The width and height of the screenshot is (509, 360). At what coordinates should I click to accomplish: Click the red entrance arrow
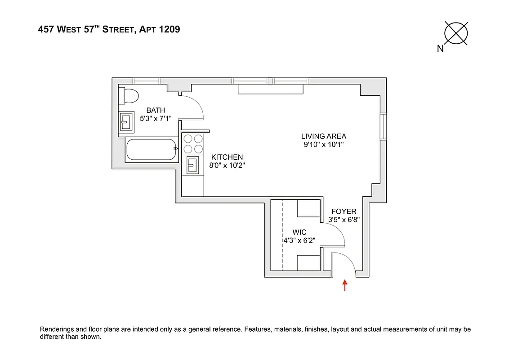click(x=345, y=285)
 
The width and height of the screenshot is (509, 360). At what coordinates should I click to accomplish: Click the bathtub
click(x=150, y=149)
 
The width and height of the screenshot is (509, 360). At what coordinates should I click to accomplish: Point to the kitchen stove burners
click(x=193, y=144)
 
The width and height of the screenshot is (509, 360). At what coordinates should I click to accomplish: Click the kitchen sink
click(x=192, y=165)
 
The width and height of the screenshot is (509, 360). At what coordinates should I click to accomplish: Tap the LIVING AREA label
click(x=324, y=136)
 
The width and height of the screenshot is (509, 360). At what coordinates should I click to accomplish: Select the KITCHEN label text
click(x=227, y=157)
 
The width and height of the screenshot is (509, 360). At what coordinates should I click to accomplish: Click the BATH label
click(x=156, y=110)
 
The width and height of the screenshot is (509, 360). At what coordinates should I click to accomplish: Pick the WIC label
click(x=299, y=232)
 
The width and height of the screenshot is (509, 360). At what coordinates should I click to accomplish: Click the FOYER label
click(x=344, y=211)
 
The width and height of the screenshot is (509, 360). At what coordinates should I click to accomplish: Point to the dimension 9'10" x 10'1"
click(x=324, y=145)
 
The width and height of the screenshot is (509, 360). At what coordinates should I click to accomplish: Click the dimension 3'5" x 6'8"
click(x=344, y=220)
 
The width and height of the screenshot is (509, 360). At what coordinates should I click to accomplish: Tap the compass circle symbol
click(x=456, y=33)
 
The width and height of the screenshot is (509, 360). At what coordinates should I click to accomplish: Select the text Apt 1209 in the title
click(x=160, y=30)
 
